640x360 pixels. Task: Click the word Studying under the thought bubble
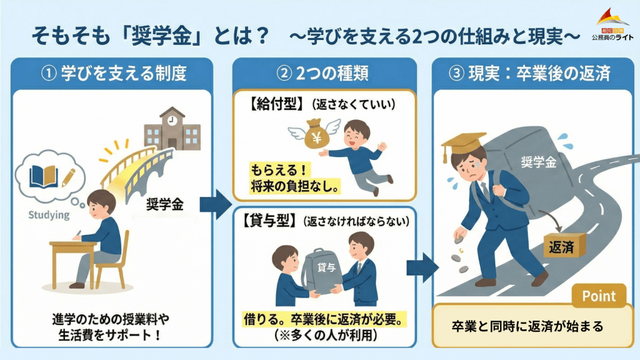pos(49,215)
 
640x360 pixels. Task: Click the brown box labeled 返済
pos(563,246)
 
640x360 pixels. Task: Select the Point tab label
pos(599,296)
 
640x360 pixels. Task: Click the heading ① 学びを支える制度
pos(114,74)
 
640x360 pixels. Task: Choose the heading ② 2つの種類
pos(324,74)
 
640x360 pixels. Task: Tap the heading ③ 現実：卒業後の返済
pos(529,74)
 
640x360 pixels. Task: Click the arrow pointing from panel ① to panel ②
pos(215,204)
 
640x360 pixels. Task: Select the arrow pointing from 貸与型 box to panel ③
pos(421,267)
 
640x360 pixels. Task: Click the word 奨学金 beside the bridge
pos(165,204)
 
